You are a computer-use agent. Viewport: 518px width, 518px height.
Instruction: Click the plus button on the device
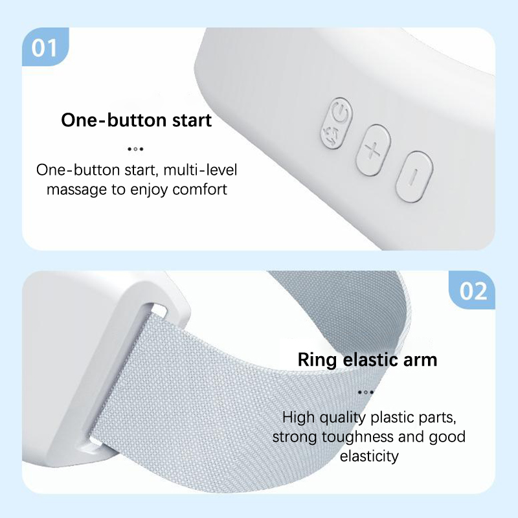click(374, 150)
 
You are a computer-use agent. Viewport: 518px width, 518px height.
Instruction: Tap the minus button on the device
click(414, 176)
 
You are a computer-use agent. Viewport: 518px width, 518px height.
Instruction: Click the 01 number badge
click(45, 47)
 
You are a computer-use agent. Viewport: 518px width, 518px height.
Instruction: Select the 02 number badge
click(472, 290)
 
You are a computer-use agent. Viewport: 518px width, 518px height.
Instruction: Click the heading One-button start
click(137, 120)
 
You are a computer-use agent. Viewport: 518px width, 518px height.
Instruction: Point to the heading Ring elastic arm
click(367, 359)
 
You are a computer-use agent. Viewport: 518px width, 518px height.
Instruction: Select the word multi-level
click(200, 170)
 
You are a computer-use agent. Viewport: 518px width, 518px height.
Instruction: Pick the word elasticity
click(369, 456)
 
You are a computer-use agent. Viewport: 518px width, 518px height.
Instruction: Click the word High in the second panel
click(298, 417)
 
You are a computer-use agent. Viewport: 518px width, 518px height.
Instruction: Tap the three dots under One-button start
click(135, 149)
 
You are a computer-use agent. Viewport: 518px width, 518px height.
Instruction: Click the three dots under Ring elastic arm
click(366, 392)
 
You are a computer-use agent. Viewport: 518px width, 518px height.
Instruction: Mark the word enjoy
click(149, 190)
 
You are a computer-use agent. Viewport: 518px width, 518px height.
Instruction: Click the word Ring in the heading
click(317, 360)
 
